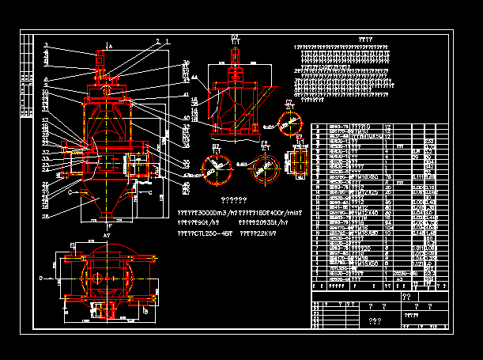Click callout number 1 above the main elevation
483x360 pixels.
pyautogui.click(x=168, y=41)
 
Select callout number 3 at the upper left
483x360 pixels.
pyautogui.click(x=47, y=44)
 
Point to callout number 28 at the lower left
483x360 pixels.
pyautogui.click(x=46, y=215)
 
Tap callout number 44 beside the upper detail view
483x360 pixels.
pyautogui.click(x=195, y=78)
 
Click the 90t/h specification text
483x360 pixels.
pyautogui.click(x=198, y=223)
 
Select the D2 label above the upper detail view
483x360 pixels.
pyautogui.click(x=235, y=37)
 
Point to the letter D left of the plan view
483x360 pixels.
pyautogui.click(x=40, y=279)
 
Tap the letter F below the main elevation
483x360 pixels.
pyautogui.click(x=108, y=226)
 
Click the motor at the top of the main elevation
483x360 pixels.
pyautogui.click(x=101, y=59)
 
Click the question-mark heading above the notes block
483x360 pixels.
pyautogui.click(x=364, y=38)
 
